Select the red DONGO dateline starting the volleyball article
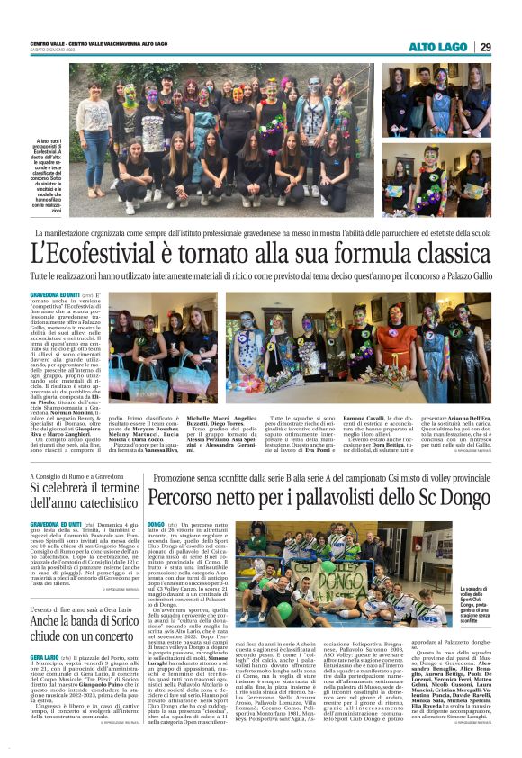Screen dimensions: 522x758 click(x=156, y=523)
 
